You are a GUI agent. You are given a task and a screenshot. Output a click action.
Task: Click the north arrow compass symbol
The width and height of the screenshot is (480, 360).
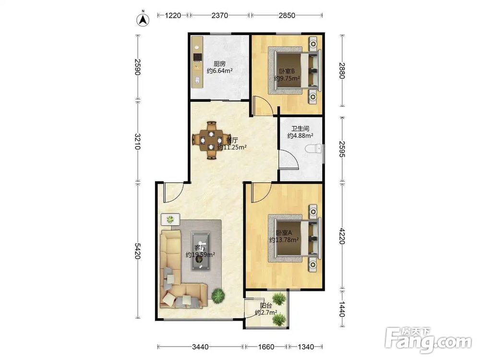[143, 19]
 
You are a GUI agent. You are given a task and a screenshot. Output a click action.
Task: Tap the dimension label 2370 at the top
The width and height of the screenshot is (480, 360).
[219, 15]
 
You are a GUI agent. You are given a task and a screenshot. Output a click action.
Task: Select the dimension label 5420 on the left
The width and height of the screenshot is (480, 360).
[138, 251]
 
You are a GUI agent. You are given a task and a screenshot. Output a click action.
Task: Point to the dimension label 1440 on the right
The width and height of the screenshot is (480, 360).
[342, 309]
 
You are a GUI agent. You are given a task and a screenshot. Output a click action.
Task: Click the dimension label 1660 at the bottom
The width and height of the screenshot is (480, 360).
[266, 347]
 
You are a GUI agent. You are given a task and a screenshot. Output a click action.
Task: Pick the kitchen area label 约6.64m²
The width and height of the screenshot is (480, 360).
[219, 71]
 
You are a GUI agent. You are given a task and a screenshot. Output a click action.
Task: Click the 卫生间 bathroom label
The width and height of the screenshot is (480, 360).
[300, 128]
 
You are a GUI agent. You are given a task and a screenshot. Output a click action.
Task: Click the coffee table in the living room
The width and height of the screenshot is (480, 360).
[201, 251]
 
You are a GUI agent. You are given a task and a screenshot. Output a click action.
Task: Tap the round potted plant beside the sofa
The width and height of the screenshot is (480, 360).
[218, 295]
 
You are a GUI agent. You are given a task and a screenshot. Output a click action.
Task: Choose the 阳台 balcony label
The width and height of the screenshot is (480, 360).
[266, 305]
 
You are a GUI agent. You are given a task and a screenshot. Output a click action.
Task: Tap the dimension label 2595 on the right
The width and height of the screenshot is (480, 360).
[342, 149]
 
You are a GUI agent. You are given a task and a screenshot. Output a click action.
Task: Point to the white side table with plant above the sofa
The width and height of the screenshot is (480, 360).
[170, 219]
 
